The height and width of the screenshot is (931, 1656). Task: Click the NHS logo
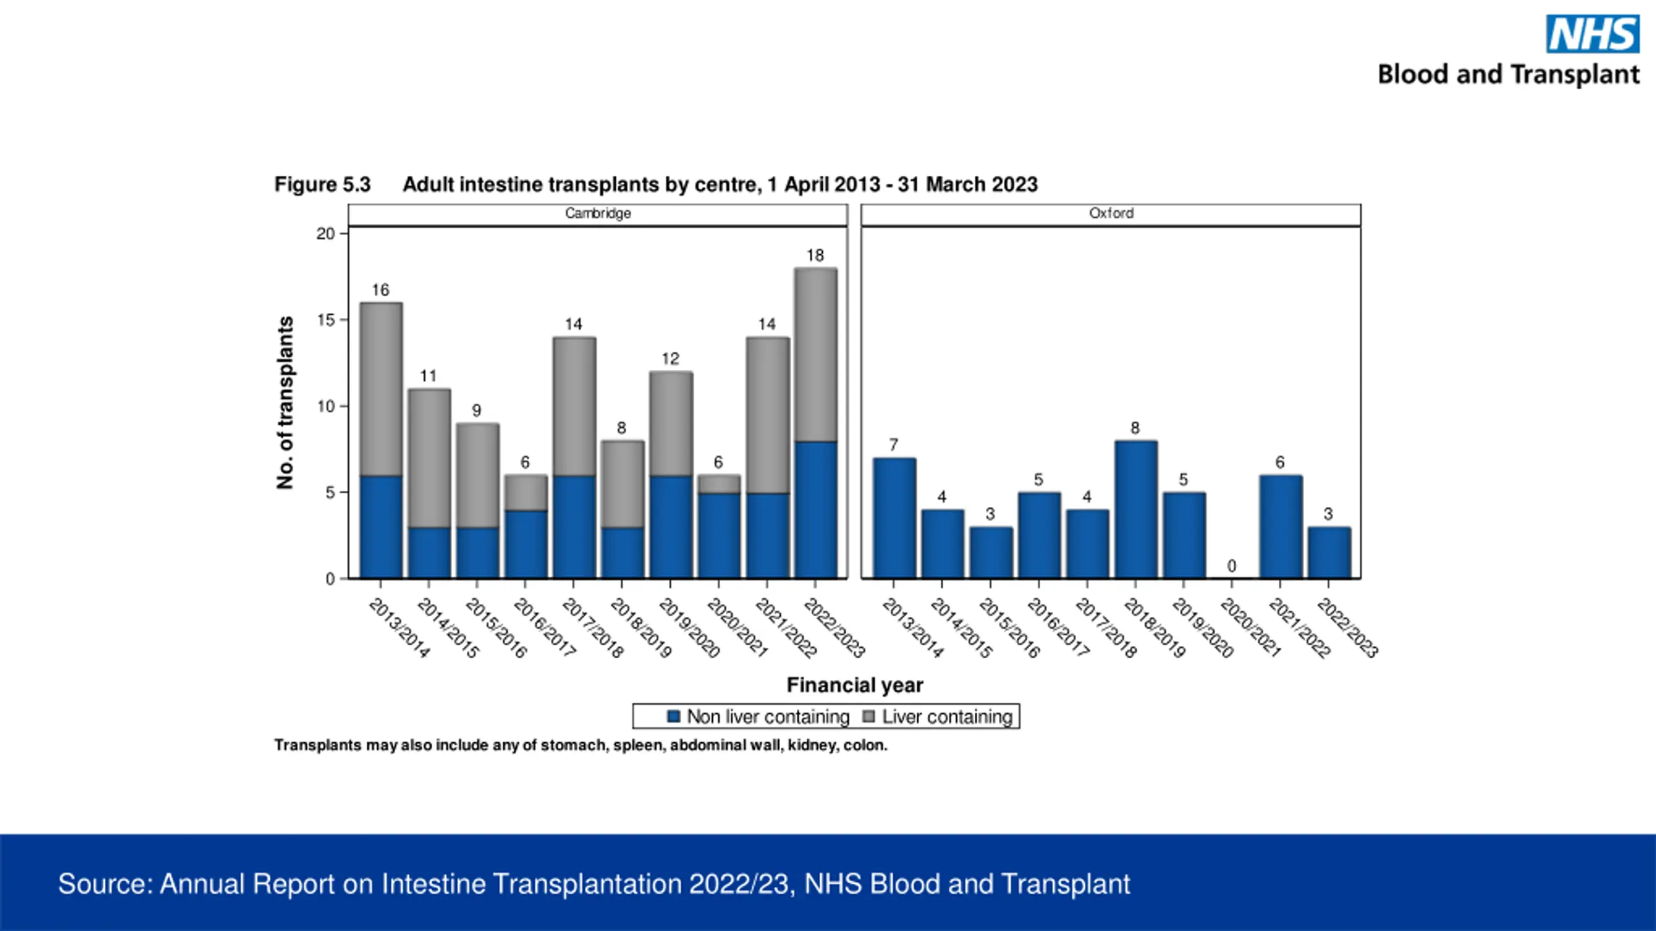click(1593, 34)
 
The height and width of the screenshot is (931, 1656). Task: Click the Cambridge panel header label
click(598, 213)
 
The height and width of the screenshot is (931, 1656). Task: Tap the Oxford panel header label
click(1111, 213)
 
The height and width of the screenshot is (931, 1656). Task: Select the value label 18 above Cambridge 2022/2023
click(815, 255)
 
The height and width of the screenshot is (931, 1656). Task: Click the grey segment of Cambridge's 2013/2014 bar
click(381, 389)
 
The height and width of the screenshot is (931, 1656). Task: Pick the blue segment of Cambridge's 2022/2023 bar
click(816, 509)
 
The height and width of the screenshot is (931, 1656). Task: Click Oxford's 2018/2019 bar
click(1136, 509)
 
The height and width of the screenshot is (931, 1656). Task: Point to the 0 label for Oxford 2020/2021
click(1232, 566)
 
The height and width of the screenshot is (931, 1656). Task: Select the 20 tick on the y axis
click(325, 234)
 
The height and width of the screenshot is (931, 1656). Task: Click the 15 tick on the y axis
click(325, 320)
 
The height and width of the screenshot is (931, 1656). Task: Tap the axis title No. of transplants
click(285, 403)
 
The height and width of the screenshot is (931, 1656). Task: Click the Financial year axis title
click(855, 685)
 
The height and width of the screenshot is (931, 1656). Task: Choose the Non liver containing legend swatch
click(673, 716)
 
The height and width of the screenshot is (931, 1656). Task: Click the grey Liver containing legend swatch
click(869, 716)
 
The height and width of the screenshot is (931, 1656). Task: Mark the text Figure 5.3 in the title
click(322, 185)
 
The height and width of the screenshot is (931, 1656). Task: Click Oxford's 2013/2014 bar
click(894, 518)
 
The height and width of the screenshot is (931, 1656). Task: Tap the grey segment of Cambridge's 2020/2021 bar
click(719, 484)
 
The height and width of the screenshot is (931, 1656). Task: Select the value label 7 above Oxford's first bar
click(893, 445)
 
